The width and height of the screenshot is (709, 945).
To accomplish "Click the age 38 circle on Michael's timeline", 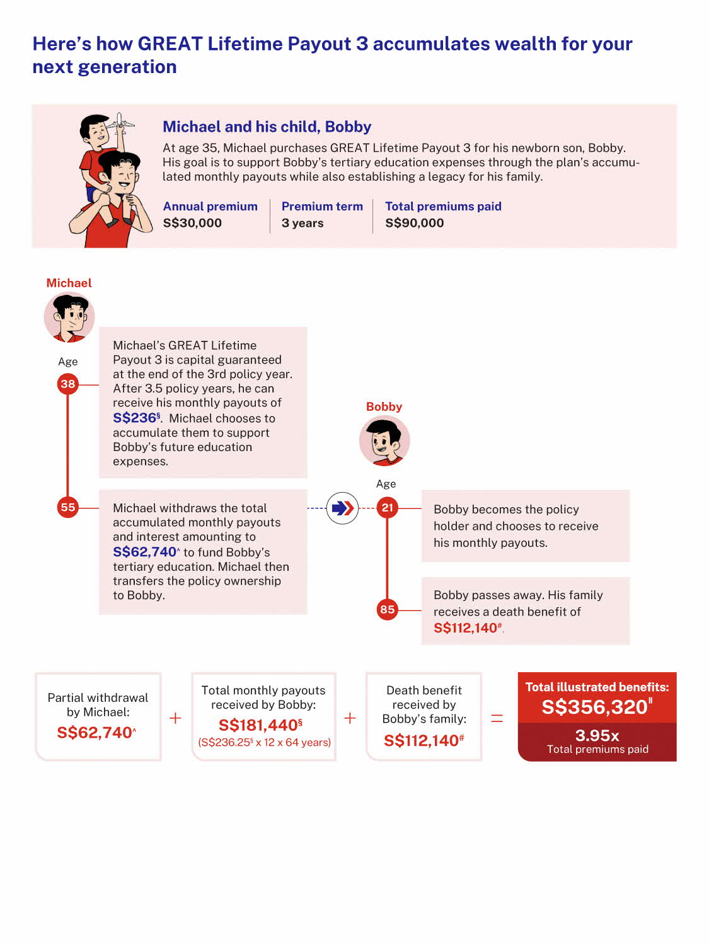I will tap(68, 384).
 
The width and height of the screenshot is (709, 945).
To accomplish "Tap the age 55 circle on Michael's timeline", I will tap(68, 507).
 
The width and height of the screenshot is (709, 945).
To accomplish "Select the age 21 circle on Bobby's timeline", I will tap(387, 508).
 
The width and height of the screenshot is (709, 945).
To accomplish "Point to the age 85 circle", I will tap(387, 609).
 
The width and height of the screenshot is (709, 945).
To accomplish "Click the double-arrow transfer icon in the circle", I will tap(342, 508).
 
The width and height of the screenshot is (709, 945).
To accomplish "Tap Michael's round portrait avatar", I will tap(69, 317).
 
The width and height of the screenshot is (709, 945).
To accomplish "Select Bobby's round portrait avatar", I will tap(384, 441).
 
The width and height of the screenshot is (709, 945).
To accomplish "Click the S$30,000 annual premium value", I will tap(192, 223).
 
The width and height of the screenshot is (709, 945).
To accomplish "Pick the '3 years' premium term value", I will tap(303, 223).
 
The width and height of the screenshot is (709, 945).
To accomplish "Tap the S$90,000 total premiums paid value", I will tap(415, 223).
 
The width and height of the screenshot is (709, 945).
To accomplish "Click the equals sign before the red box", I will tap(497, 718).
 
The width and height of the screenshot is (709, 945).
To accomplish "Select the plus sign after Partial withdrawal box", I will tap(175, 718).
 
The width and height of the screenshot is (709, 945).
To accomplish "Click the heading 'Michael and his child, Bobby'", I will tap(267, 127).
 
